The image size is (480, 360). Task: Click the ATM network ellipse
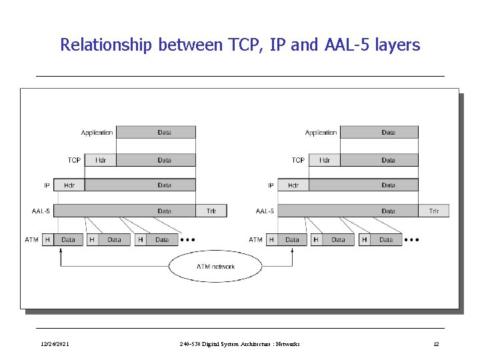point(215,267)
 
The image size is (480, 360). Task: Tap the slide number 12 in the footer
point(436,344)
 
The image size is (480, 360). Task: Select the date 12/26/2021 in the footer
point(54,344)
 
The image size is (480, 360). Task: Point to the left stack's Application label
point(97,133)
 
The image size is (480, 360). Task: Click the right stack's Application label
point(321,133)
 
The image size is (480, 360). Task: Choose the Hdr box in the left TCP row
point(101,160)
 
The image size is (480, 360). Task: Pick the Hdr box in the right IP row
point(293,185)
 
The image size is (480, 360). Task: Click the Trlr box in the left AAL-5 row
point(211,211)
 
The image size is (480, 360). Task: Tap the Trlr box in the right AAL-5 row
point(434,211)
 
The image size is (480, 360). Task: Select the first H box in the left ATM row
point(48,239)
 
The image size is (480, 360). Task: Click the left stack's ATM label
point(32,239)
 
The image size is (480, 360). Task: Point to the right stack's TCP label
point(298,160)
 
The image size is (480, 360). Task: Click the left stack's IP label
point(47,185)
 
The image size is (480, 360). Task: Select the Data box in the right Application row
point(388,133)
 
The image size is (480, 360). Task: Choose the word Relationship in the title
point(107,45)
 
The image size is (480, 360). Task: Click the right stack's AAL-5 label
point(265,211)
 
